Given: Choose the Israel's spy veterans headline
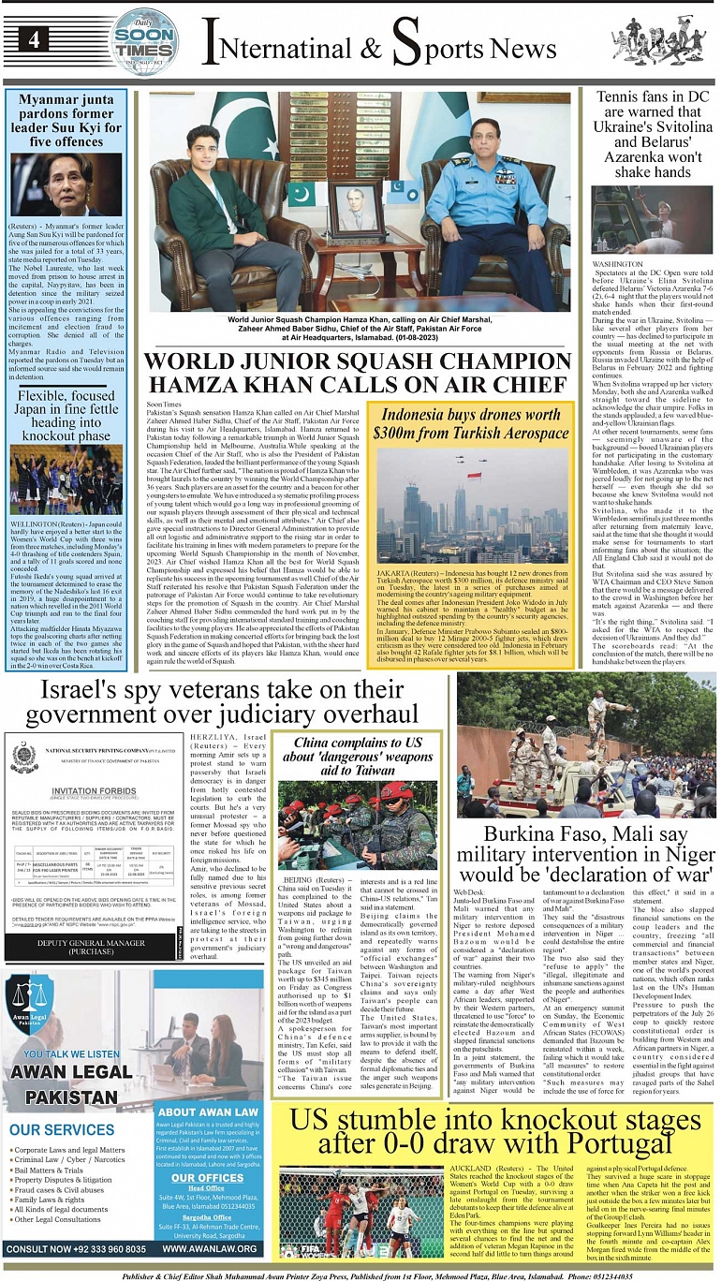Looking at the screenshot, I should tap(222, 703).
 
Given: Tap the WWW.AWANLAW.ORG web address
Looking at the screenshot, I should tap(207, 1249).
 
